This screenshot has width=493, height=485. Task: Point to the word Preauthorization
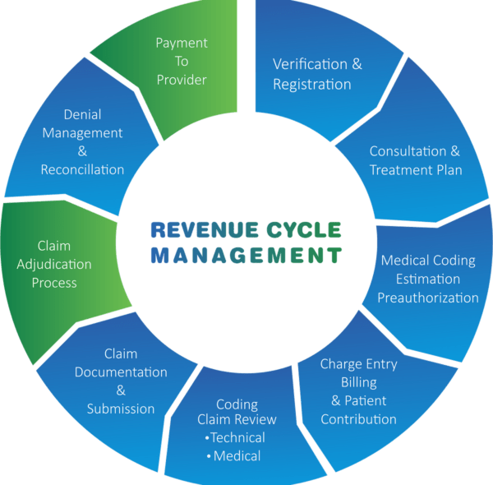(427, 298)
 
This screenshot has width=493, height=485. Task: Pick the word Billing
(358, 382)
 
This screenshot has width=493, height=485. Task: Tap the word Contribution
(358, 419)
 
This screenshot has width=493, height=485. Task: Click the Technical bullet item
(237, 437)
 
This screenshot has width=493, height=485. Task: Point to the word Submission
(121, 409)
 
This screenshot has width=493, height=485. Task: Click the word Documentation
(121, 372)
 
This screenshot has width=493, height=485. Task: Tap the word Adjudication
(54, 264)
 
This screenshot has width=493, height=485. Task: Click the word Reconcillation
(82, 169)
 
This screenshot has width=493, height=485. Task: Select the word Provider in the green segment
(182, 80)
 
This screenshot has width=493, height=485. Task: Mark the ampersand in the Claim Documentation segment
(121, 390)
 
